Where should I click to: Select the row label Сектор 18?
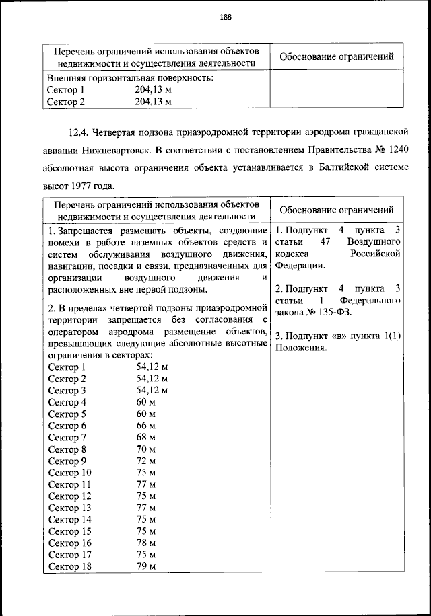point(70,567)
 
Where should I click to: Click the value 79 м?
point(146,567)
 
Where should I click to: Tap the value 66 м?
point(146,426)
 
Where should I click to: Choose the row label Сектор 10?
point(70,473)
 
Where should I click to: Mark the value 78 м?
point(146,543)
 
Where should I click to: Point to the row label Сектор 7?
point(67,437)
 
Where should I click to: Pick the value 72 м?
point(146,461)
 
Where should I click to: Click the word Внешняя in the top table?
point(65,78)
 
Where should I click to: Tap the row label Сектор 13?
point(70,508)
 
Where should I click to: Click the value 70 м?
point(146,449)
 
